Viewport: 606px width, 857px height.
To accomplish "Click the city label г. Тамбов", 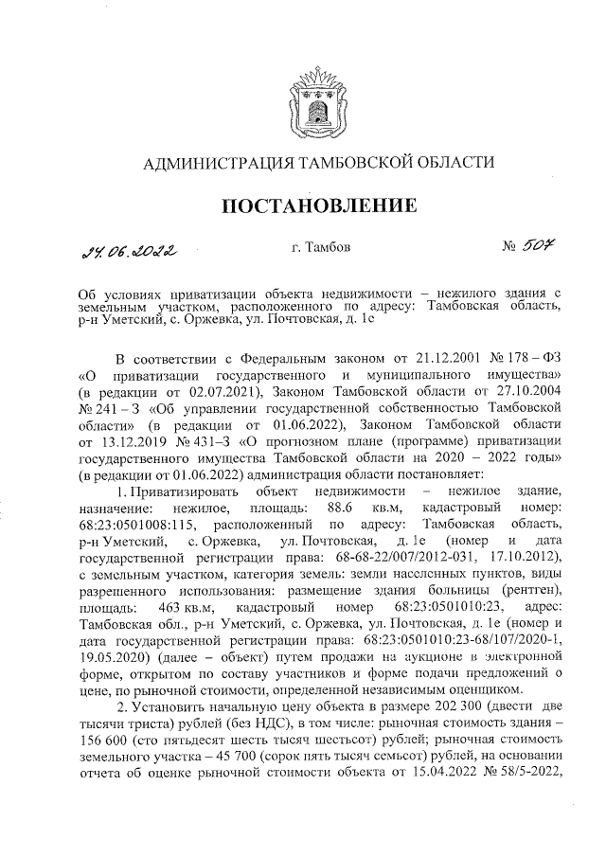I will tap(322, 248).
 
